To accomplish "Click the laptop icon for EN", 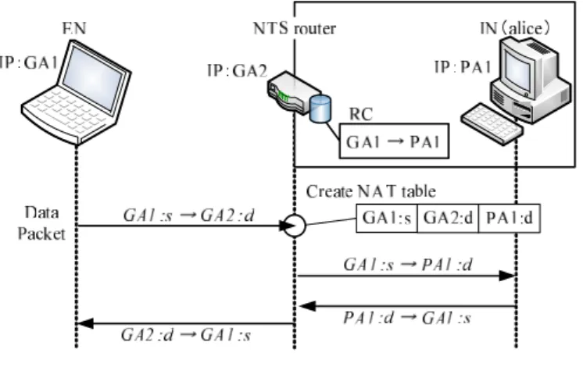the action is (x=77, y=92).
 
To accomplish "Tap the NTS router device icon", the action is (x=294, y=92).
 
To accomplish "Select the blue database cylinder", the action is (x=320, y=109).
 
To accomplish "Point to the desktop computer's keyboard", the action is (x=492, y=123).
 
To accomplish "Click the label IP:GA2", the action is (x=237, y=70).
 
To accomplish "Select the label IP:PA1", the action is (x=463, y=67).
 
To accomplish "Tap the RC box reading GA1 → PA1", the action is (x=394, y=141).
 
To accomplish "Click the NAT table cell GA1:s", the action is (x=387, y=218).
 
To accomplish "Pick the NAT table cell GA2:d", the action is (x=448, y=218).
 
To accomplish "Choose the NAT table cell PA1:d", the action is (x=510, y=218).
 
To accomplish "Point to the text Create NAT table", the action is (x=370, y=192).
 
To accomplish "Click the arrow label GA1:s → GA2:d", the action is (x=189, y=216).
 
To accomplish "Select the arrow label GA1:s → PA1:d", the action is (x=408, y=265).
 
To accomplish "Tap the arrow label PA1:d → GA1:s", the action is (x=407, y=318).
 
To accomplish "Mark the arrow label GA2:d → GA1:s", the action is (x=186, y=335).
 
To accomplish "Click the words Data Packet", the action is (x=41, y=223).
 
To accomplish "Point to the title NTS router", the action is (x=295, y=28).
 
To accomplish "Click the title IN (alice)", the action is (x=515, y=28).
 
